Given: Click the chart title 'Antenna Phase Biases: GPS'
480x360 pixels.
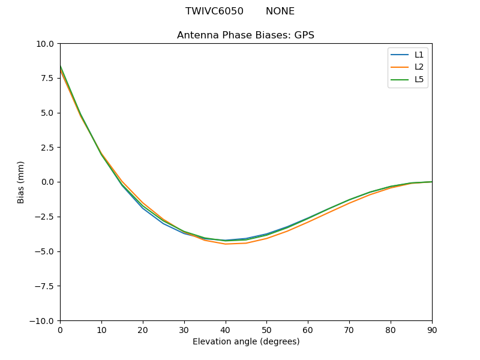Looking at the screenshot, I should coord(245,35).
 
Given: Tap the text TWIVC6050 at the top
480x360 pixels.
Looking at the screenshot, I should coord(214,11).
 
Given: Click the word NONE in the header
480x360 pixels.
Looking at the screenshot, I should coord(280,11).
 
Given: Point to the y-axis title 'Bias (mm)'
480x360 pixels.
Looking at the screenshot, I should coord(21,182).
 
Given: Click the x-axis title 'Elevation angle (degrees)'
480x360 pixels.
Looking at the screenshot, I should coord(246,341).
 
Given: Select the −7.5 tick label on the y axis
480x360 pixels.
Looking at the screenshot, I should coord(45,286).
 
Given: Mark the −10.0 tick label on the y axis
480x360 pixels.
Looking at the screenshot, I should coord(43,320).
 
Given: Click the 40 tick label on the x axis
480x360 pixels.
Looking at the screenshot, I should coord(225,329).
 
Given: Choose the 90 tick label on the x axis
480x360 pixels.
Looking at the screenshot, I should coord(432,329).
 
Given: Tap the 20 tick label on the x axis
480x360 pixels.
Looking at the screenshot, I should coord(143,329).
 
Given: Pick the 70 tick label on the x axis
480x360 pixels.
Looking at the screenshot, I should coord(349,329).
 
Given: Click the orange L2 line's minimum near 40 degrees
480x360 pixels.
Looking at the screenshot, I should coord(226,244).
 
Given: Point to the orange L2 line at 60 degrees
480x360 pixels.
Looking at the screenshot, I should coord(308,222).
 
